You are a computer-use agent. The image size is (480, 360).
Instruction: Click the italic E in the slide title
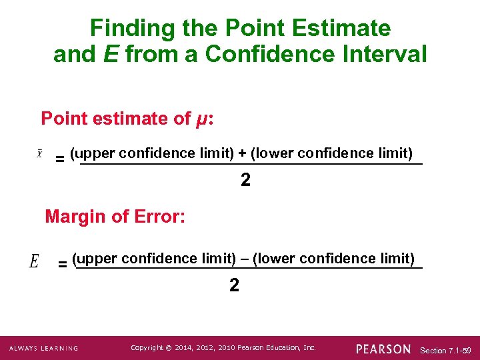pyautogui.click(x=111, y=55)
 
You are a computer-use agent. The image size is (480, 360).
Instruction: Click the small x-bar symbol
pyautogui.click(x=39, y=153)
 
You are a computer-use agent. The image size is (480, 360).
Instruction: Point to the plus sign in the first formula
pyautogui.click(x=242, y=153)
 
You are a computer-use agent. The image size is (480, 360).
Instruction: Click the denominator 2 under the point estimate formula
pyautogui.click(x=245, y=180)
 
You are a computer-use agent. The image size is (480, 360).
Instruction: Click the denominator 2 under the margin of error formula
pyautogui.click(x=234, y=285)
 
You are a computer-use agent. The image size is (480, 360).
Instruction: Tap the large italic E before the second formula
pyautogui.click(x=35, y=261)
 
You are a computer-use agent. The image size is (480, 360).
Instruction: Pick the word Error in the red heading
pyautogui.click(x=157, y=216)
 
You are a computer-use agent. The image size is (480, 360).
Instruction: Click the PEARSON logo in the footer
pyautogui.click(x=383, y=349)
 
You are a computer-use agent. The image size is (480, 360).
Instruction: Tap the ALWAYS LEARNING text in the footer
pyautogui.click(x=43, y=349)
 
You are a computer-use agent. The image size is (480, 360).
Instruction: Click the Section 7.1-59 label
pyautogui.click(x=447, y=350)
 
